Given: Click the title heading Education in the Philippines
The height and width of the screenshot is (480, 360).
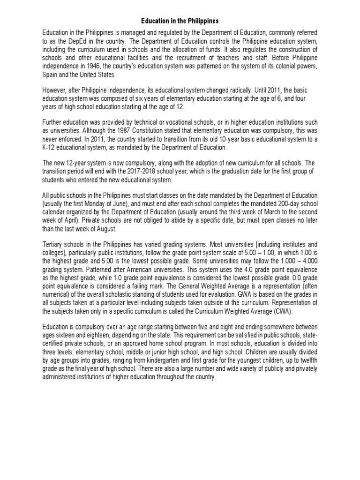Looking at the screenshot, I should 180,21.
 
